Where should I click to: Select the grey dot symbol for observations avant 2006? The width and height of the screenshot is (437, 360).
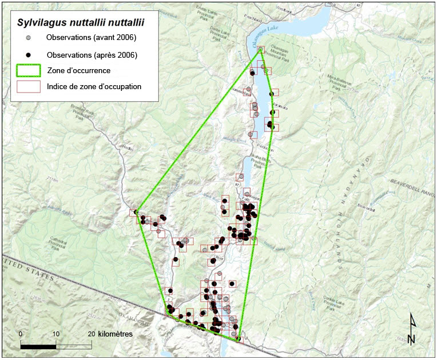click(28, 38)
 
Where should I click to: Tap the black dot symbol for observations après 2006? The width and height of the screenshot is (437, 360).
click(28, 54)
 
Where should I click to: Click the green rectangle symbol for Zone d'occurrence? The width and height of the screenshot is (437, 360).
click(28, 70)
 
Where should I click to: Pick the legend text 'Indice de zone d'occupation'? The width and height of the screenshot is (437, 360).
click(94, 87)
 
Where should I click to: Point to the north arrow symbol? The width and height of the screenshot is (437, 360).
click(412, 330)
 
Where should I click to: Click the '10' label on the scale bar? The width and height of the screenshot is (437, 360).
click(56, 334)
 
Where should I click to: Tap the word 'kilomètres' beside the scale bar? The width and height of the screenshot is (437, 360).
click(116, 334)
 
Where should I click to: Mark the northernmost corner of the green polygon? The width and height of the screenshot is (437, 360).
click(261, 49)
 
